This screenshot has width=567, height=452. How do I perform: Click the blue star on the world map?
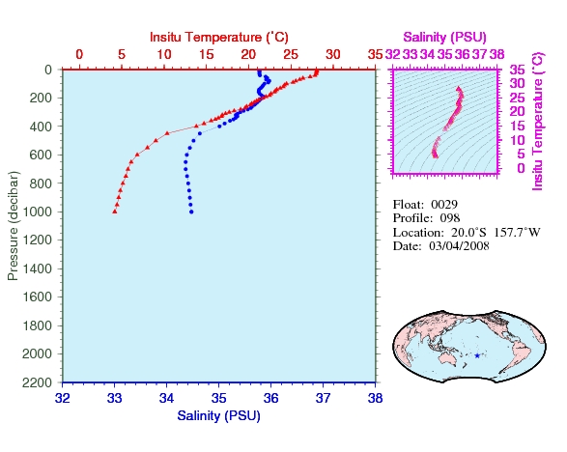click(x=477, y=355)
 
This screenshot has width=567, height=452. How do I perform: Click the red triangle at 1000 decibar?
click(x=115, y=212)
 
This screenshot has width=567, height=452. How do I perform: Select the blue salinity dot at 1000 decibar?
click(x=191, y=212)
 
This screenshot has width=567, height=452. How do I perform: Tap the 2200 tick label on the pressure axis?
click(x=37, y=382)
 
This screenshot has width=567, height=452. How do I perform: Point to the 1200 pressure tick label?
click(x=37, y=240)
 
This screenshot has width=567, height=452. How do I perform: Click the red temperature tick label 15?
click(x=206, y=54)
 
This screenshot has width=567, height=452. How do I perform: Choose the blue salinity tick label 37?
click(x=323, y=398)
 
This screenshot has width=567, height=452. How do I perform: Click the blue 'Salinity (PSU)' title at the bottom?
click(x=218, y=416)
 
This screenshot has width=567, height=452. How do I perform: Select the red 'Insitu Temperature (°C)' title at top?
click(x=219, y=37)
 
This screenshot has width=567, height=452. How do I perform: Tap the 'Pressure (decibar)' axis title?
click(x=13, y=226)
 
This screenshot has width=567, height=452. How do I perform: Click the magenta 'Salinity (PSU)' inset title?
click(x=444, y=37)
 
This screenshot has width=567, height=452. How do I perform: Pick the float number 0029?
click(x=444, y=205)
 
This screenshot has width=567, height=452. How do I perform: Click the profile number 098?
click(x=450, y=218)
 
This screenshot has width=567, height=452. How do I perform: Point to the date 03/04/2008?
click(x=459, y=246)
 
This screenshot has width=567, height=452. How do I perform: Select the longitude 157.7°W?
click(x=517, y=232)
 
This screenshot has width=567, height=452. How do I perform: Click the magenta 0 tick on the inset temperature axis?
click(x=521, y=168)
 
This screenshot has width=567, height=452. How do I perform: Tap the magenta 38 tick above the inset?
click(x=496, y=54)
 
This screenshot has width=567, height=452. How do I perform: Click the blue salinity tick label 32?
click(x=63, y=398)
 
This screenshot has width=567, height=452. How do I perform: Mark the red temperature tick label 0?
click(x=79, y=54)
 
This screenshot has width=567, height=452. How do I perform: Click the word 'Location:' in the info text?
click(x=418, y=232)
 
